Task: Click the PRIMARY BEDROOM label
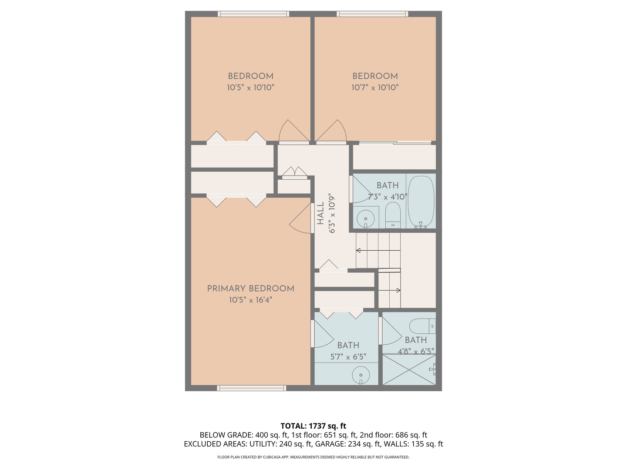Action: coord(250,289)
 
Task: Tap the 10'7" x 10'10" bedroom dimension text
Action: coord(375,87)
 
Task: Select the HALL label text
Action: coord(320,213)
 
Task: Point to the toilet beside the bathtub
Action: coord(393,215)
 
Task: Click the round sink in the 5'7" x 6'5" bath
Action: coord(361,374)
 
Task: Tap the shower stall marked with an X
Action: coord(408,369)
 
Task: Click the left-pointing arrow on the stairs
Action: coord(359,250)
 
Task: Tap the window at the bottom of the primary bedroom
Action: coord(252,388)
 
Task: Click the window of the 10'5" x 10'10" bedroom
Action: coord(253,14)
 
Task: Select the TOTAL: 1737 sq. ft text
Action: coord(313,426)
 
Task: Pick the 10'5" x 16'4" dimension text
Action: coord(250,300)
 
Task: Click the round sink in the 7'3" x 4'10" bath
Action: coord(365,218)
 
